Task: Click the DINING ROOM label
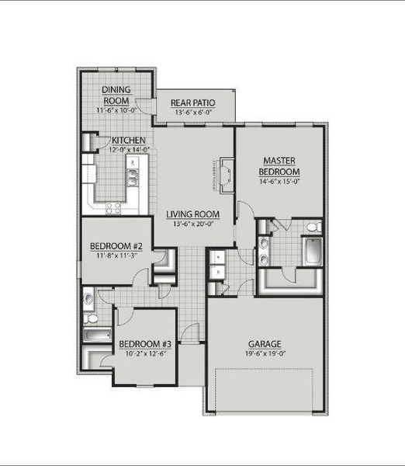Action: (x=116, y=95)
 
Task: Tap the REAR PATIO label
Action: (x=193, y=103)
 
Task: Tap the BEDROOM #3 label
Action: (x=144, y=343)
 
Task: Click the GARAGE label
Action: (x=265, y=343)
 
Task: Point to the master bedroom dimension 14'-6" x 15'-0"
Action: (x=280, y=182)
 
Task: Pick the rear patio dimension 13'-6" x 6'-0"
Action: (x=193, y=112)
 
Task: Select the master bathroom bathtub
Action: (x=313, y=252)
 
